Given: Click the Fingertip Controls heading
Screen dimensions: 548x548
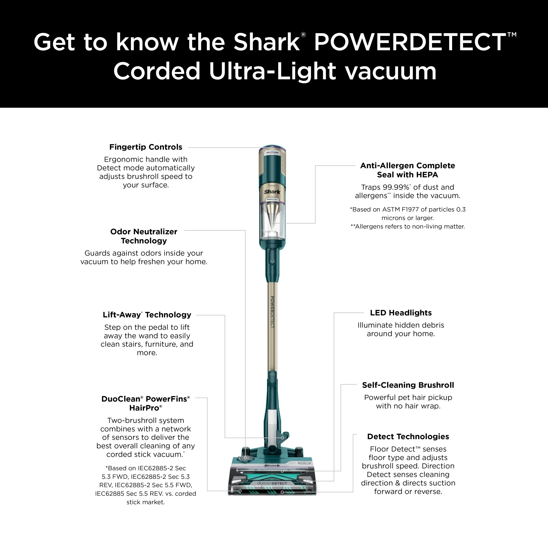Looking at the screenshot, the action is click(x=146, y=147).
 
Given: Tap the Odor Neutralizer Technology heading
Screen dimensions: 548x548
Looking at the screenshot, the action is click(x=144, y=236).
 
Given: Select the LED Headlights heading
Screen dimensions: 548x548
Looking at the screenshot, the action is click(x=401, y=313).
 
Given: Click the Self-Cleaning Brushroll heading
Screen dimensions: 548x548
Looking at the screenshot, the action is click(x=408, y=385).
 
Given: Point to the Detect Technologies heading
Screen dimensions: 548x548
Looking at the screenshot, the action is click(x=408, y=436).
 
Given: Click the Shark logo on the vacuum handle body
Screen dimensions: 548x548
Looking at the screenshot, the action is click(x=272, y=192).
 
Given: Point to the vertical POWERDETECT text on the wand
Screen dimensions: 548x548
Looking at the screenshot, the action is click(x=272, y=312).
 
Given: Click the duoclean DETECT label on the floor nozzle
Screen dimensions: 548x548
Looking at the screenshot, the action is click(x=272, y=483).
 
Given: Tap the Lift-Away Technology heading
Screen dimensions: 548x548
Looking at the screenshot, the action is click(x=147, y=315).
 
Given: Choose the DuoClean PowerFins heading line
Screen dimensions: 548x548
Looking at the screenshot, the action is click(x=145, y=399).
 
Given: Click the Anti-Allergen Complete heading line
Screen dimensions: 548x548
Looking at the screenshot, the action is click(x=408, y=166).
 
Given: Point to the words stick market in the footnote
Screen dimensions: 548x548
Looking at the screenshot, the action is click(x=145, y=502).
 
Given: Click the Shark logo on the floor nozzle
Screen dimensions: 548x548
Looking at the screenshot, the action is click(x=272, y=466).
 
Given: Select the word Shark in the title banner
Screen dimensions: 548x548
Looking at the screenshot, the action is click(x=266, y=42).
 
